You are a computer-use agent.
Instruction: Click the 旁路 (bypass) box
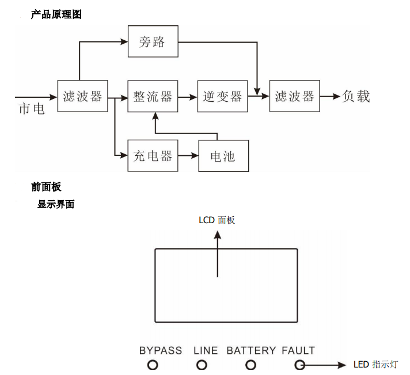pyautogui.click(x=153, y=41)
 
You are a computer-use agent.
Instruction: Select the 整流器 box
pyautogui.click(x=153, y=96)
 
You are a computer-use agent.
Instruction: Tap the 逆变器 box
pyautogui.click(x=222, y=96)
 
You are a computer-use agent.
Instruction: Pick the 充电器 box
pyautogui.click(x=153, y=155)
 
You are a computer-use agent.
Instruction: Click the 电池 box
pyautogui.click(x=223, y=156)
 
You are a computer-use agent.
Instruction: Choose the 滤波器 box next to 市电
pyautogui.click(x=82, y=96)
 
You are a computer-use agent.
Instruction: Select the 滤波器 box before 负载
pyautogui.click(x=294, y=96)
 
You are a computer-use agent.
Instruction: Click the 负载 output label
pyautogui.click(x=356, y=96)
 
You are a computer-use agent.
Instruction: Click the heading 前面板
pyautogui.click(x=46, y=187)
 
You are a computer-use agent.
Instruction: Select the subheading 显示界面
pyautogui.click(x=56, y=204)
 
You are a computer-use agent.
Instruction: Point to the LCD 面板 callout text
pyautogui.click(x=217, y=220)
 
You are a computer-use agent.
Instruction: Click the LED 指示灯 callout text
pyautogui.click(x=375, y=364)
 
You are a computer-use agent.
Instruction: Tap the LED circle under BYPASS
pyautogui.click(x=153, y=365)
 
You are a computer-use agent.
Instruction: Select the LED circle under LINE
pyautogui.click(x=202, y=365)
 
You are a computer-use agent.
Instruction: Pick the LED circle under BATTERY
pyautogui.click(x=250, y=365)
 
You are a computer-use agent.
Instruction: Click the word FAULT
pyautogui.click(x=298, y=350)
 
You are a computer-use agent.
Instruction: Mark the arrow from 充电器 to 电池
pyautogui.click(x=188, y=155)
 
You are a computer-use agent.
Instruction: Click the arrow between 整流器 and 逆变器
pyautogui.click(x=188, y=97)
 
